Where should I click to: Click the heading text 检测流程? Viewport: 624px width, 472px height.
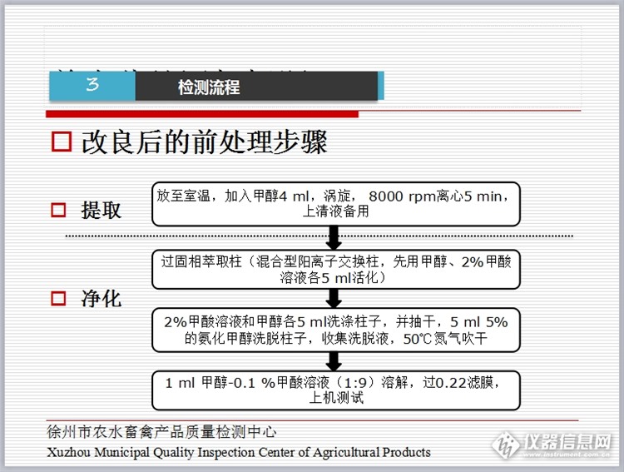[208, 87]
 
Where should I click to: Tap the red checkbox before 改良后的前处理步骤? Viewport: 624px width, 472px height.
[62, 142]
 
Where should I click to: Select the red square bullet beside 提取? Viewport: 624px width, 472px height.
[58, 210]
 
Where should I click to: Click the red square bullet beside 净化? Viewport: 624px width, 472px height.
[58, 297]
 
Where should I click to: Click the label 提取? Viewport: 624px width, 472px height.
[101, 210]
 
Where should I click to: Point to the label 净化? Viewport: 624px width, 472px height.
[101, 297]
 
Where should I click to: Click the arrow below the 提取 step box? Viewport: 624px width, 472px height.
[334, 237]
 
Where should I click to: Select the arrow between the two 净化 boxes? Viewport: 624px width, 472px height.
[334, 299]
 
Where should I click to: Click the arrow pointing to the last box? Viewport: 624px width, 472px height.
[334, 360]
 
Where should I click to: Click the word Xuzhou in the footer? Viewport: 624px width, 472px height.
[70, 452]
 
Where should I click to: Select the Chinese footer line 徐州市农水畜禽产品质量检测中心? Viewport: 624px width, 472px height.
[161, 432]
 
